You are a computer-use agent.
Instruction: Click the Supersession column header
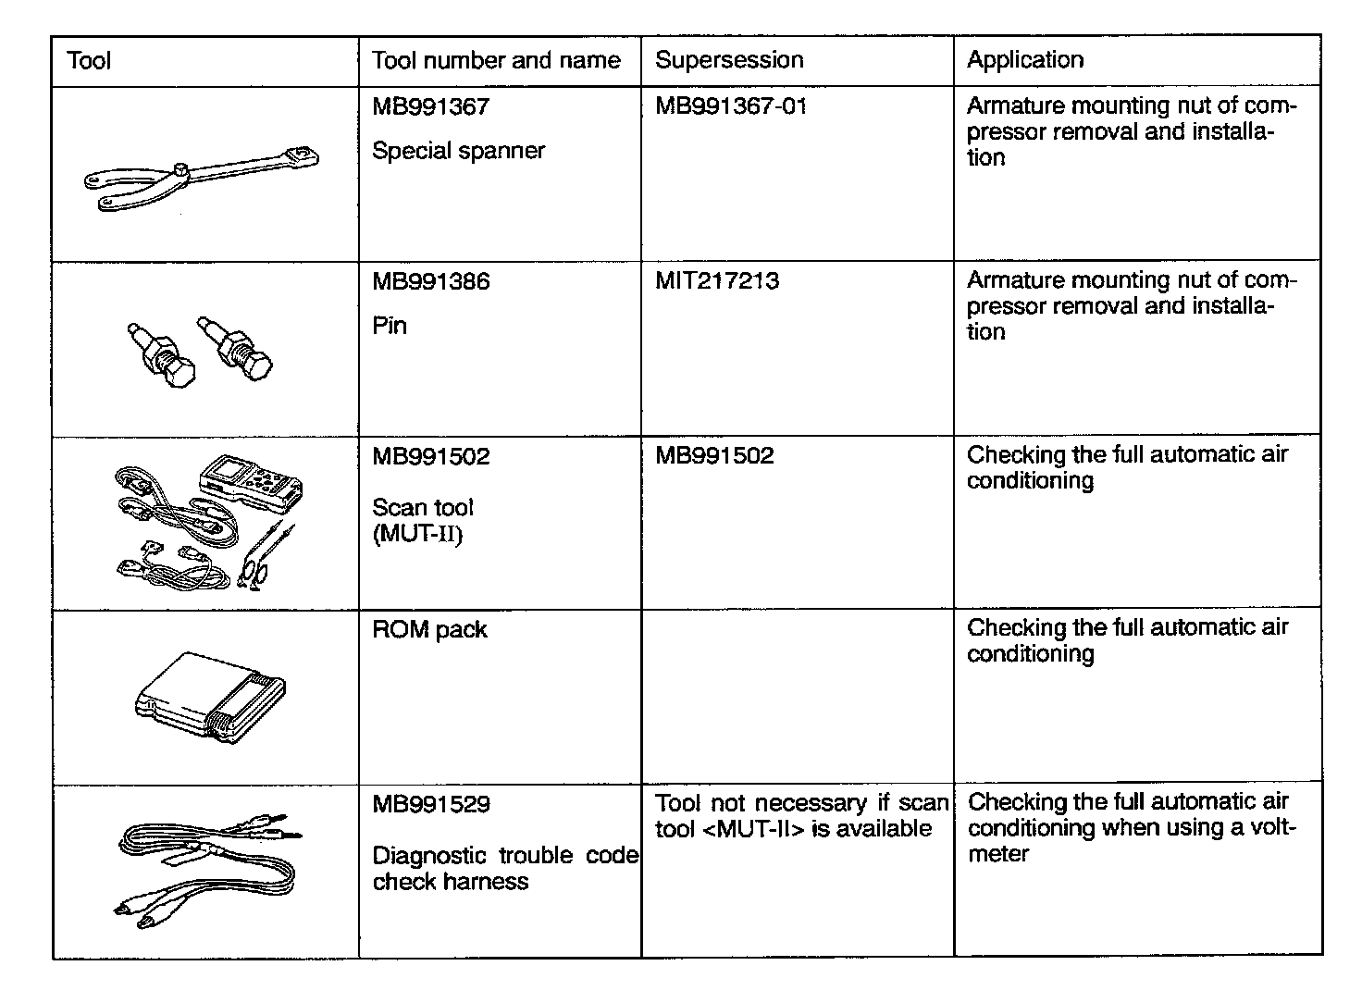click(729, 60)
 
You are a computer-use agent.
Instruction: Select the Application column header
click(1024, 60)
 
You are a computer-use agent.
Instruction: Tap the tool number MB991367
click(430, 106)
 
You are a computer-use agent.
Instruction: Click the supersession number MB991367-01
click(731, 106)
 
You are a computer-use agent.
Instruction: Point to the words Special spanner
click(458, 151)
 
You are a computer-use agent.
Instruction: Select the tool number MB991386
click(430, 281)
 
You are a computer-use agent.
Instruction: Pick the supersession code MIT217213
click(717, 280)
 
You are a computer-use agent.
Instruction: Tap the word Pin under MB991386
click(390, 326)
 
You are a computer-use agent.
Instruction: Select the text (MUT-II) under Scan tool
click(416, 535)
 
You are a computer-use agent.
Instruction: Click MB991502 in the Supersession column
click(714, 456)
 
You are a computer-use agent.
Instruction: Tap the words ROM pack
click(429, 630)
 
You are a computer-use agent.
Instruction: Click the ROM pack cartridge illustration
click(211, 695)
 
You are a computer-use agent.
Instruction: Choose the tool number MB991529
click(430, 804)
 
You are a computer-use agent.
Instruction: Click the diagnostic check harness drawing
click(208, 870)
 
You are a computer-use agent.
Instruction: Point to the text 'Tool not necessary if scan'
click(801, 803)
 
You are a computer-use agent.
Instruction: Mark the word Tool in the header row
click(89, 61)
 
